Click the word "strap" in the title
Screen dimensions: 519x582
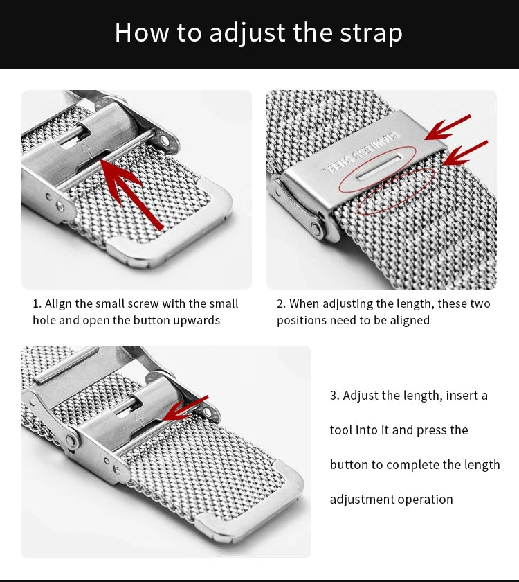[371, 33]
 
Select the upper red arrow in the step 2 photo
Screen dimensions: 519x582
[448, 127]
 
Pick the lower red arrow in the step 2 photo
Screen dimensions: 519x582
[465, 153]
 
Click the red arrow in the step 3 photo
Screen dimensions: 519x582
[185, 408]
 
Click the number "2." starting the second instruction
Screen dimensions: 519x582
[282, 303]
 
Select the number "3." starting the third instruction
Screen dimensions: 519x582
[335, 396]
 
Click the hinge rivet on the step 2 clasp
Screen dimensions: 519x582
[316, 229]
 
